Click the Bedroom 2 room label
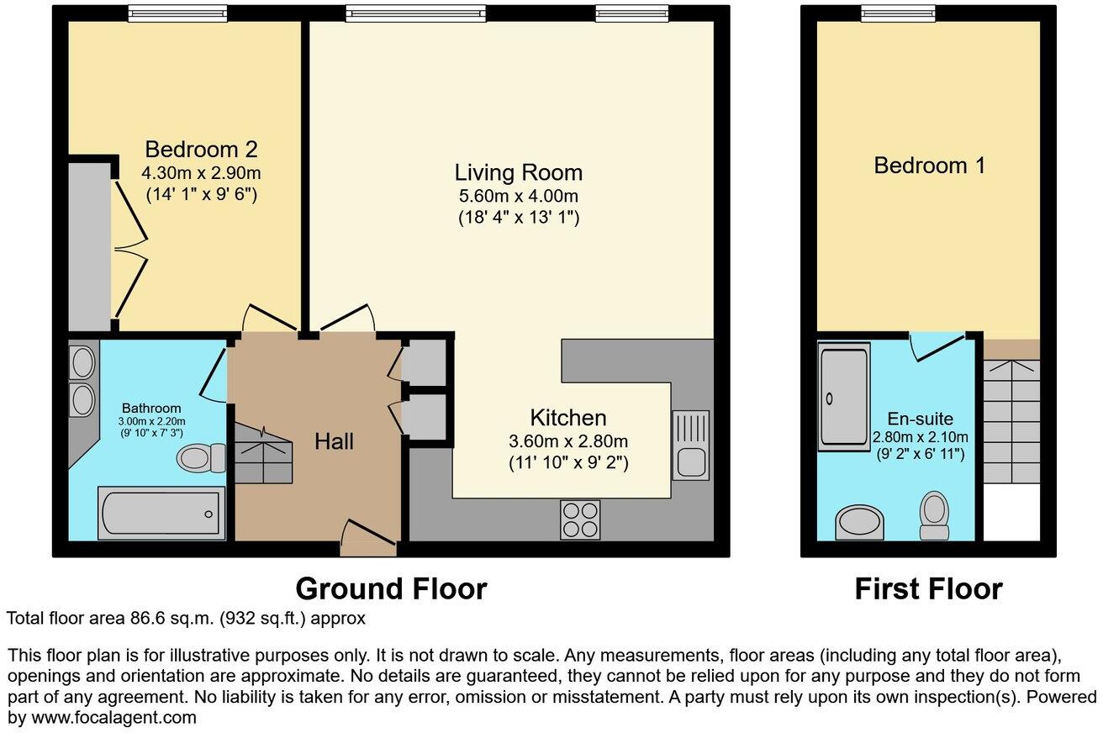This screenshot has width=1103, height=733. (201, 150)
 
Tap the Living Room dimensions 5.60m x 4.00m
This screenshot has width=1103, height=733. (518, 197)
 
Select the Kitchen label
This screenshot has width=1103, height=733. (567, 418)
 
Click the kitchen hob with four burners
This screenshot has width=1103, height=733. (580, 519)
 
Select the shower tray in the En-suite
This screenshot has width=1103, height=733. (843, 397)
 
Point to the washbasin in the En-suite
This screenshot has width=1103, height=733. (860, 522)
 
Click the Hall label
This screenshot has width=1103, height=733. (334, 441)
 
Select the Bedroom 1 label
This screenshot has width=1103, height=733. (929, 166)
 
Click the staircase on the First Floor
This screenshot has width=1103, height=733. (1011, 420)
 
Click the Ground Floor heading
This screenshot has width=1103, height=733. (391, 588)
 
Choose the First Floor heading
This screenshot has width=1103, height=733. (928, 589)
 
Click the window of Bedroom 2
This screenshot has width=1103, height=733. (177, 13)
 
